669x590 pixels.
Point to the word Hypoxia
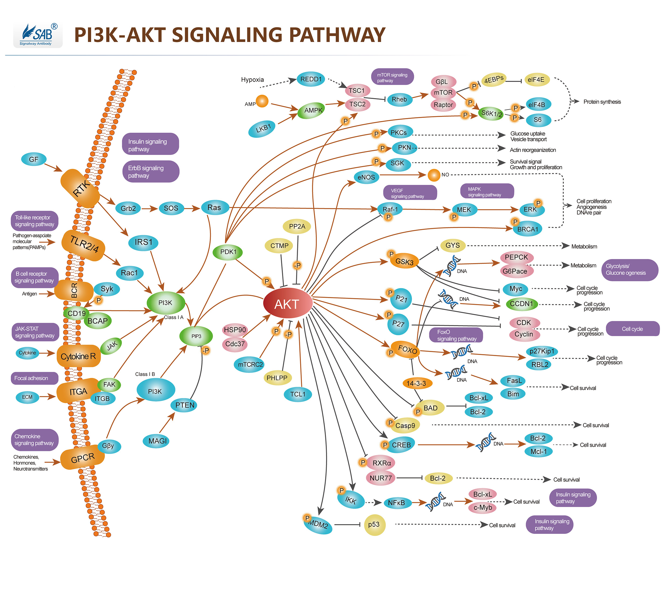[x=252, y=80]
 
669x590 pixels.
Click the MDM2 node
[x=317, y=524]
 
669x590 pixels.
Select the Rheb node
[x=399, y=99]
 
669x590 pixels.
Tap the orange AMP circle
[x=262, y=101]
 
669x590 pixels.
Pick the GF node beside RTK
[x=33, y=159]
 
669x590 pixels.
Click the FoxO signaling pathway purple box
[x=456, y=335]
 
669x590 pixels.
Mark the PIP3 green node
[x=196, y=336]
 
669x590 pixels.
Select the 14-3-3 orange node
[x=416, y=383]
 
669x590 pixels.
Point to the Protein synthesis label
[x=602, y=102]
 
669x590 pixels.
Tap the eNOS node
[x=366, y=177]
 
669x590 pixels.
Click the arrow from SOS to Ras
[x=192, y=208]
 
